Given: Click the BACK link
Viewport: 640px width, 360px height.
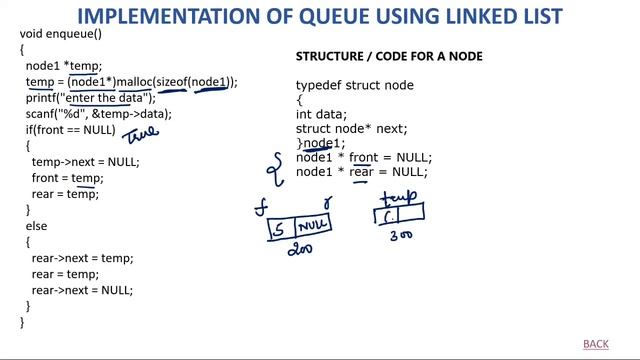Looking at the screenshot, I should [595, 344].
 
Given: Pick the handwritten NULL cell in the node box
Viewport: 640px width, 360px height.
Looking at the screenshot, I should [312, 225].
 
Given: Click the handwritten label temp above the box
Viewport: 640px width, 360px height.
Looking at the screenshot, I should [399, 196].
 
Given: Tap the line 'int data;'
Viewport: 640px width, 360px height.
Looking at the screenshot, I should [322, 115].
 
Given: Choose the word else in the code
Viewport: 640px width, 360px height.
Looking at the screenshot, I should [36, 226].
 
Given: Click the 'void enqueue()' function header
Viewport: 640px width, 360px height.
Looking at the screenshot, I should [61, 34].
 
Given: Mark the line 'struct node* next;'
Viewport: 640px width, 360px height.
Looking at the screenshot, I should [351, 129].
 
